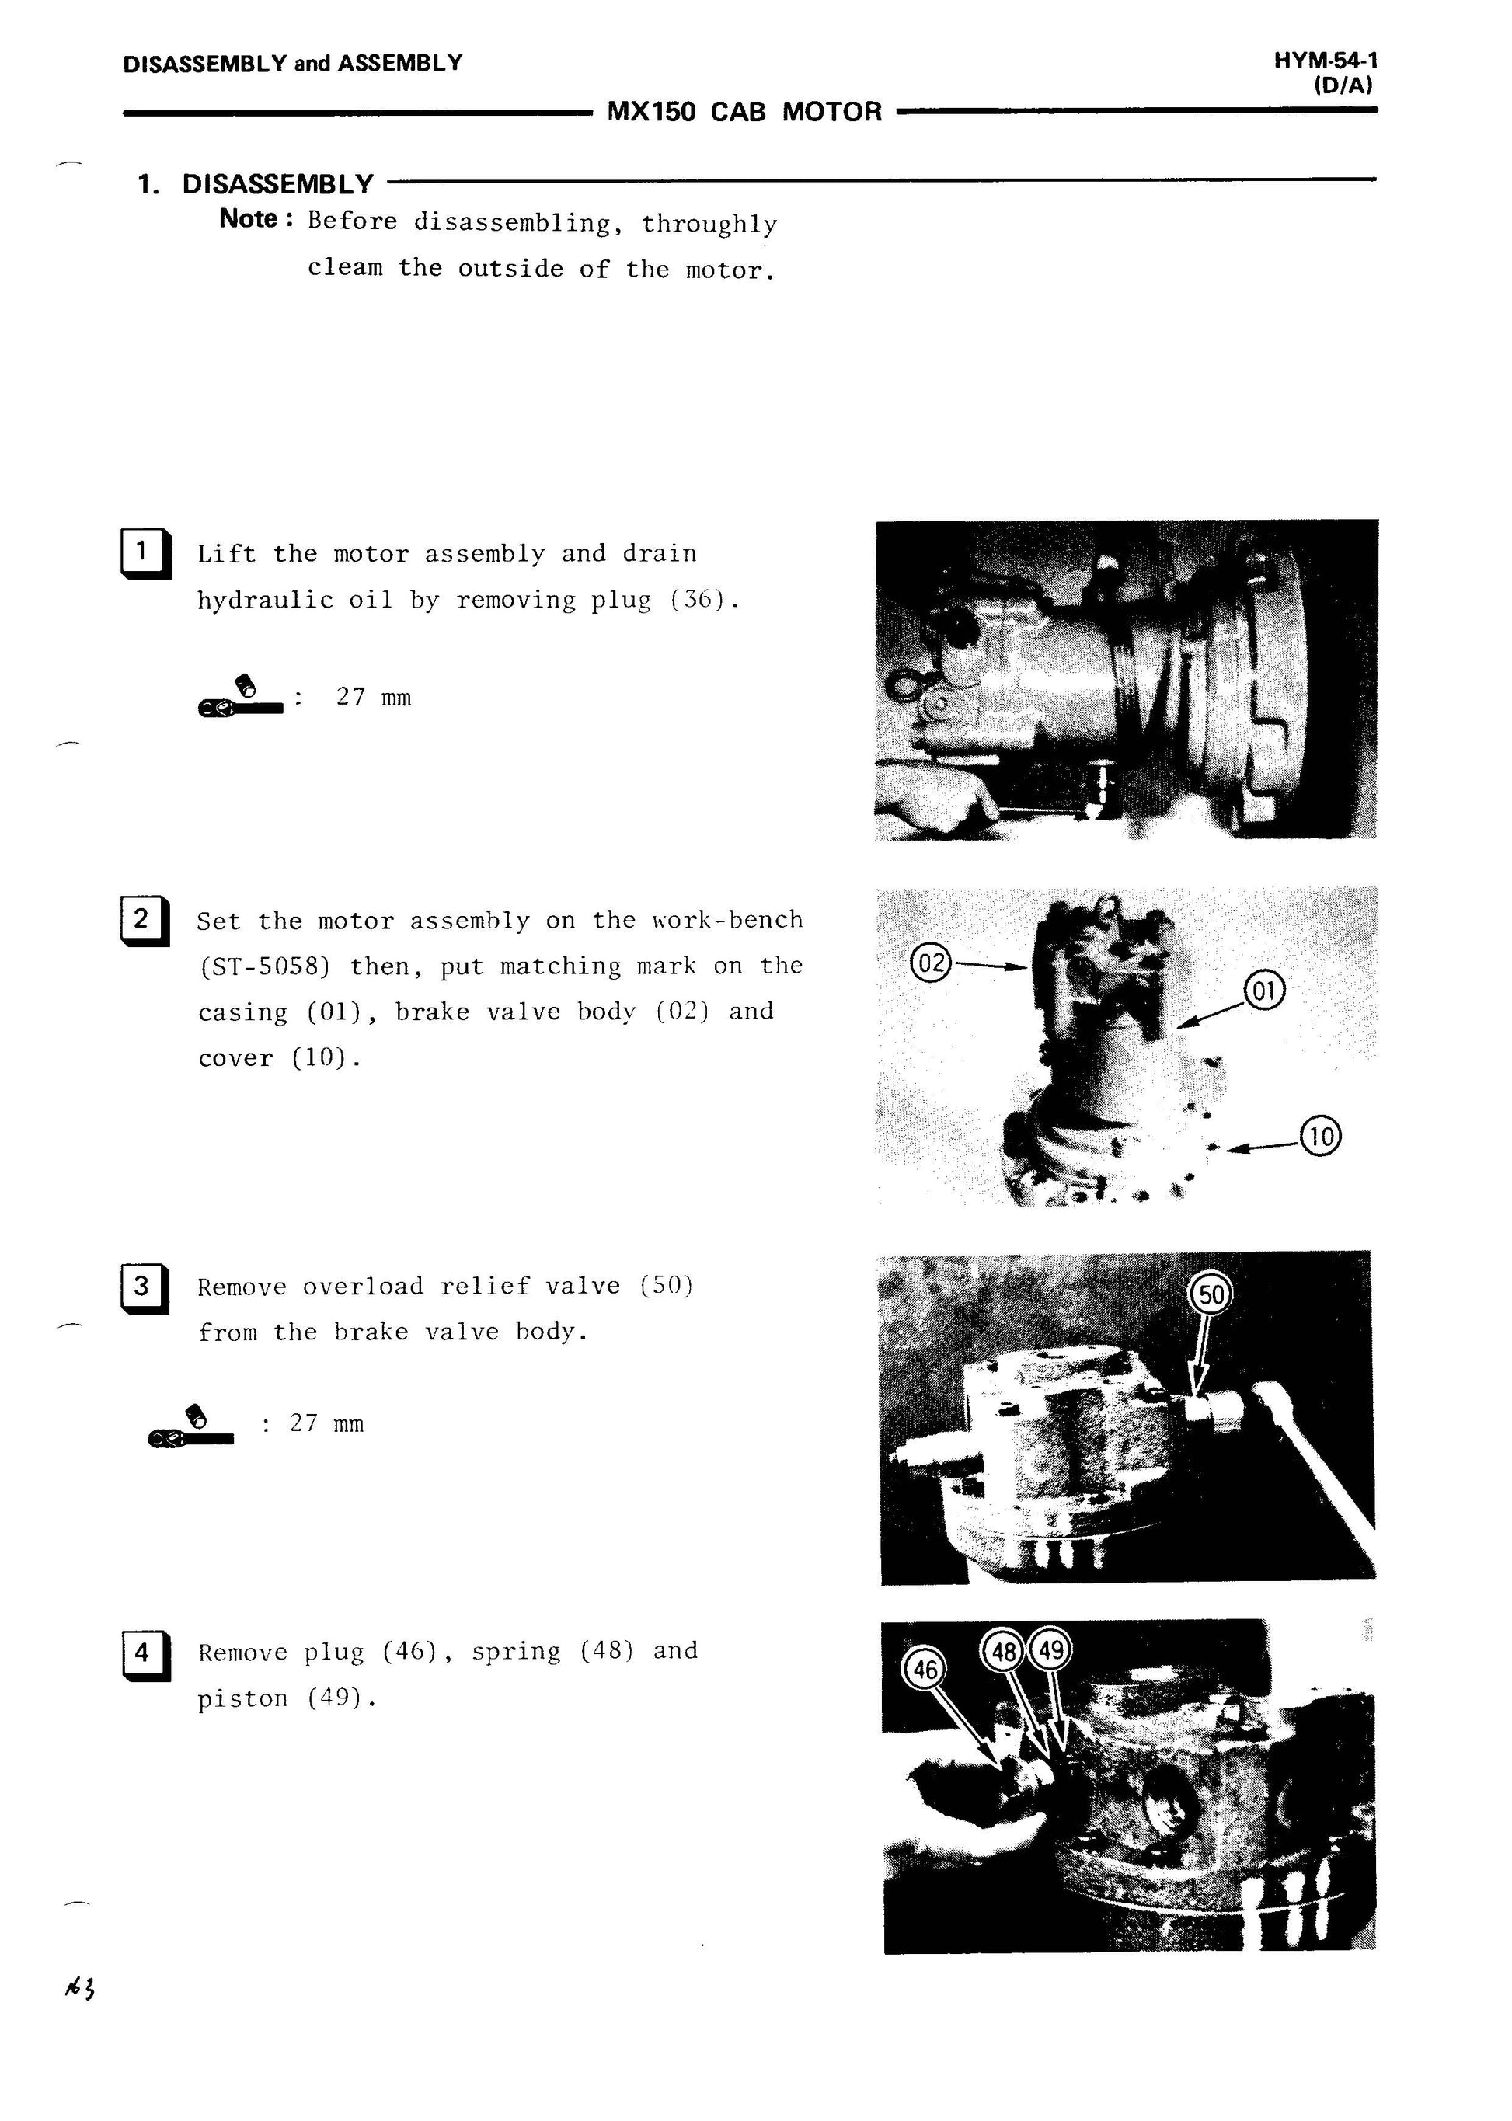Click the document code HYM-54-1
(1326, 61)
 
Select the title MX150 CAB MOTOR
(744, 113)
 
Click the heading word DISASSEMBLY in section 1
(277, 184)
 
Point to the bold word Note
(249, 219)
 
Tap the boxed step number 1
(145, 553)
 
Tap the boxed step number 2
(145, 920)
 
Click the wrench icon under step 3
(191, 1427)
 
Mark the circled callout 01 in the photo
(1264, 991)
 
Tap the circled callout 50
(1211, 1295)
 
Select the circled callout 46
(925, 1670)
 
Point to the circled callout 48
(1004, 1652)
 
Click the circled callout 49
(1051, 1651)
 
